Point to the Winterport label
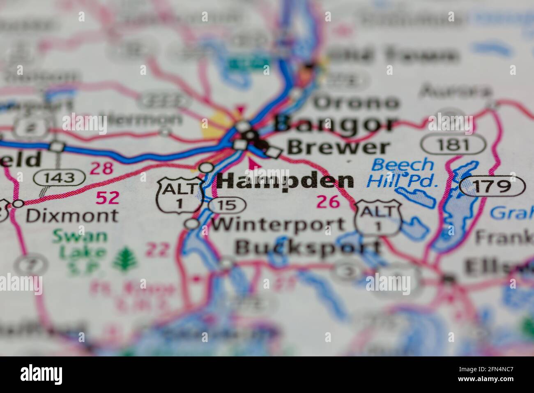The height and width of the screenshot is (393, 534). pyautogui.click(x=278, y=224)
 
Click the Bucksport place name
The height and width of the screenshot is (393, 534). pyautogui.click(x=308, y=247)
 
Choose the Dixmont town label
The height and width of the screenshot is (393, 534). pyautogui.click(x=72, y=215)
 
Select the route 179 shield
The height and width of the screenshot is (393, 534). pyautogui.click(x=492, y=186)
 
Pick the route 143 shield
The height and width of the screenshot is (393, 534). pyautogui.click(x=60, y=178)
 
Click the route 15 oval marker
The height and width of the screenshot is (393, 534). pyautogui.click(x=226, y=205)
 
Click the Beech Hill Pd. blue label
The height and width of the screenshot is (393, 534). pyautogui.click(x=402, y=172)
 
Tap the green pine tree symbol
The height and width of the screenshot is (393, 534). pyautogui.click(x=123, y=259)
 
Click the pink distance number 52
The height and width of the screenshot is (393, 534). pyautogui.click(x=107, y=198)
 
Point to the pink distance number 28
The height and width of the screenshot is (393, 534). pyautogui.click(x=101, y=169)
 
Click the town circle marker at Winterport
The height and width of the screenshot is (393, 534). pyautogui.click(x=191, y=224)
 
